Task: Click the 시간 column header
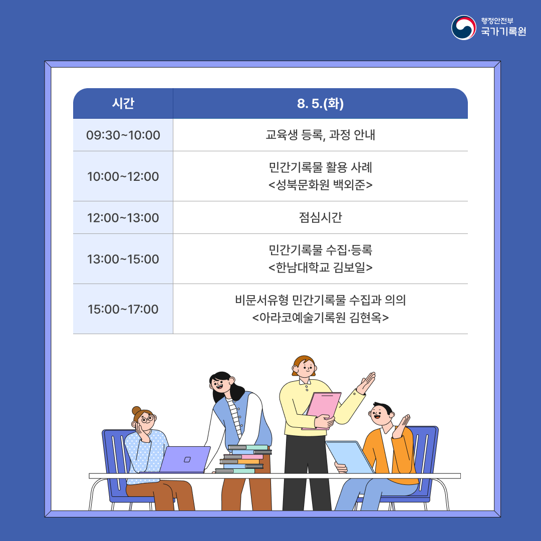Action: tap(123, 103)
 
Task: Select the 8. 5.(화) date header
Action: tap(320, 103)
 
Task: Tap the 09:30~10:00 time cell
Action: tap(123, 135)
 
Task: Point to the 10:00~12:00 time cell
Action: tap(123, 176)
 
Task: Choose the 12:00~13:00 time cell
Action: tap(123, 218)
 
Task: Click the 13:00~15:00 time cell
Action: tap(123, 259)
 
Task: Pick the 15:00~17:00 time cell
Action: tap(123, 309)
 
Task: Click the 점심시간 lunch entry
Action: tap(320, 217)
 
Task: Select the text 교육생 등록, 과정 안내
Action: tap(320, 135)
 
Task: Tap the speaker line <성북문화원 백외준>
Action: tap(320, 185)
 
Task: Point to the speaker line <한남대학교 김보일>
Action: tap(320, 267)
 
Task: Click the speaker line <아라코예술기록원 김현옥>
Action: tap(320, 318)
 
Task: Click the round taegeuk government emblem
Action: tap(464, 28)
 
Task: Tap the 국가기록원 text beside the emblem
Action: tap(503, 32)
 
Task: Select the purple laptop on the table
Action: tap(185, 459)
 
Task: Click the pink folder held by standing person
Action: tap(322, 411)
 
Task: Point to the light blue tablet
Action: tap(350, 457)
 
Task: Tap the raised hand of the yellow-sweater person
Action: tap(366, 383)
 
